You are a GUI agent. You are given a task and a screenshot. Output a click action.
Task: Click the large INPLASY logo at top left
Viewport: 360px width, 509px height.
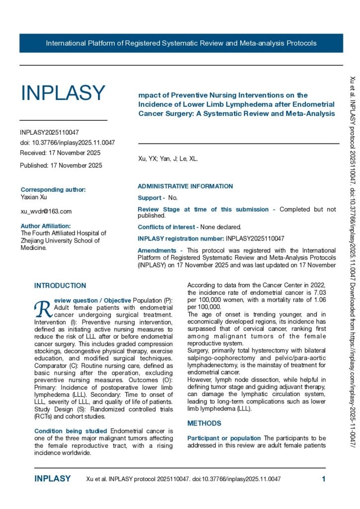point(63,93)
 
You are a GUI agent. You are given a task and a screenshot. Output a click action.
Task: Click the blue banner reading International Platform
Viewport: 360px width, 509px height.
point(181,43)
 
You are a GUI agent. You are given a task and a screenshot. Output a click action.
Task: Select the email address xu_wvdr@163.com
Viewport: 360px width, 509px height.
point(46,211)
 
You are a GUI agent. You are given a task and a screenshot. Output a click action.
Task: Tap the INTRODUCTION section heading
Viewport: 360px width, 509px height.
point(60,286)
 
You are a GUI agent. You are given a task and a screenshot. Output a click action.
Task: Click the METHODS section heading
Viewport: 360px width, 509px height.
point(204,424)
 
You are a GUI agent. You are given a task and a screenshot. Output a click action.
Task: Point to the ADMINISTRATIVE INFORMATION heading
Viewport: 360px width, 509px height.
point(185,186)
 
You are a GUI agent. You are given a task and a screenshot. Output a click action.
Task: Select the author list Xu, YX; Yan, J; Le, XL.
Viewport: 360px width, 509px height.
point(168,159)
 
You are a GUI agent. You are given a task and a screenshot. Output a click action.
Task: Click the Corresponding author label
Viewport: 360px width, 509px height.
point(53,190)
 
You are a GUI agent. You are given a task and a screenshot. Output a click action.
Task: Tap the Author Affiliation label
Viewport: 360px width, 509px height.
point(49,226)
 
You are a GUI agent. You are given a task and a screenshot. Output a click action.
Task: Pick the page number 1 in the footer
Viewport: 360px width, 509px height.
point(324,479)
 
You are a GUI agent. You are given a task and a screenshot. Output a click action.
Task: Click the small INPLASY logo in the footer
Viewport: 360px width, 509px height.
point(53,479)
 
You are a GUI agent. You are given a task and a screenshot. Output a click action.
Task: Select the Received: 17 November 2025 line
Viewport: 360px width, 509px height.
point(60,153)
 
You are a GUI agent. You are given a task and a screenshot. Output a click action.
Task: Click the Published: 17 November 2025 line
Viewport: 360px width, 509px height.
point(61,166)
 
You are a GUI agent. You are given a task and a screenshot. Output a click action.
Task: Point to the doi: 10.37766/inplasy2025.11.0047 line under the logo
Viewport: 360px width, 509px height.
point(67,143)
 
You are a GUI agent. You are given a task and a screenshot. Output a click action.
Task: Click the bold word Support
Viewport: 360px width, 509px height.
point(149,198)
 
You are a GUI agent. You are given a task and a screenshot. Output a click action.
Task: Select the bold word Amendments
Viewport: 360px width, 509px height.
point(157,251)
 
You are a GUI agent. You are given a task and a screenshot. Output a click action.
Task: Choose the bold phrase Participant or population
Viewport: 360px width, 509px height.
point(224,438)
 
